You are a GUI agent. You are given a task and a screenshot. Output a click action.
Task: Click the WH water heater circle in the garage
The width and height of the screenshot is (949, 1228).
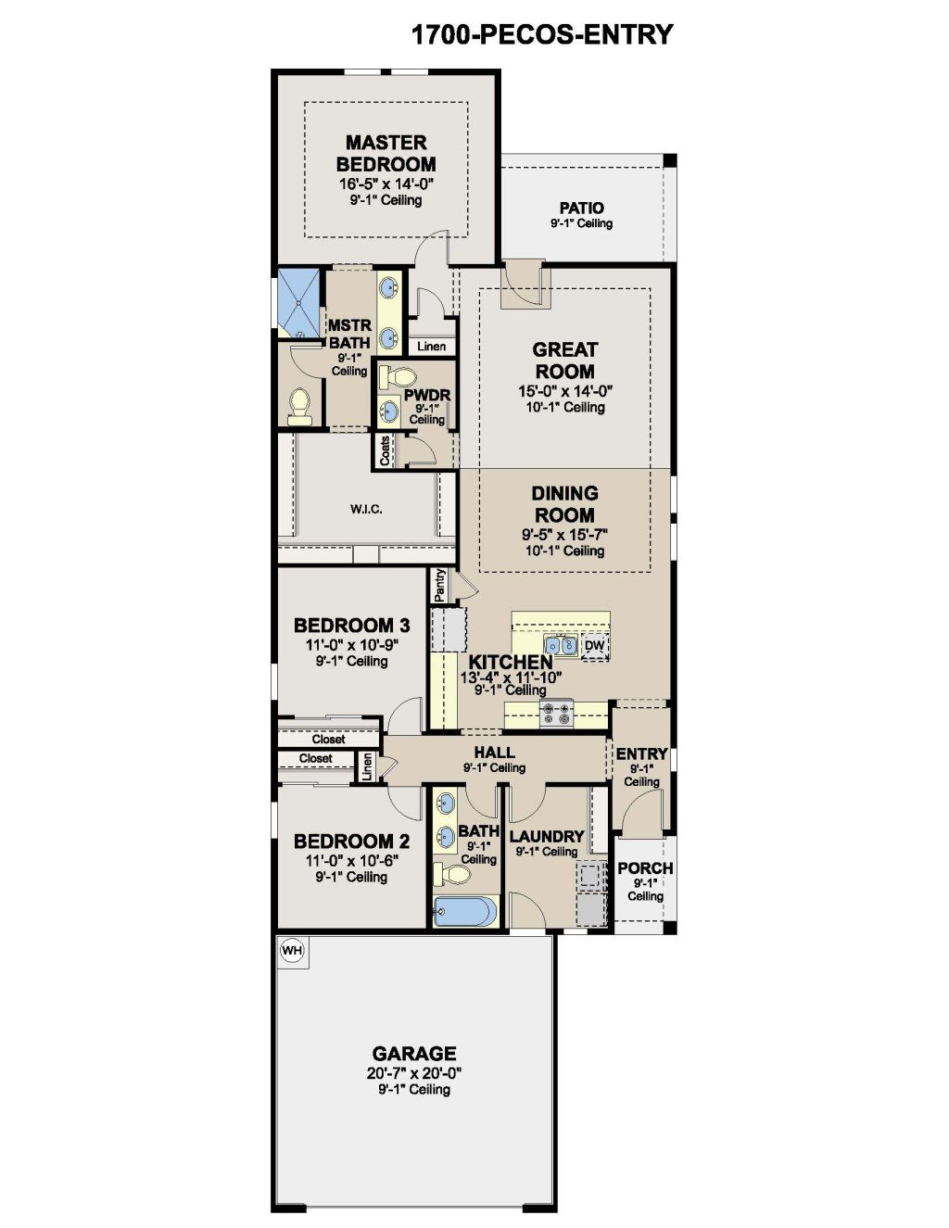point(292,950)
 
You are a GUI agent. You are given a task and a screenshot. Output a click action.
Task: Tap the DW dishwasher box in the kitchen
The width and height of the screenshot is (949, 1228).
point(595,645)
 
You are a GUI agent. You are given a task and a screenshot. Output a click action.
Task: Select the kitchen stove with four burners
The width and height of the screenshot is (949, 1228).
point(556,714)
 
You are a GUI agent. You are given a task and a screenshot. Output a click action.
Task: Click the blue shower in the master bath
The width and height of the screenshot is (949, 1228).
point(298,303)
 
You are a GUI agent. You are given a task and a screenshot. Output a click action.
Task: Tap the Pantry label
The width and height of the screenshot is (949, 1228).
point(439,585)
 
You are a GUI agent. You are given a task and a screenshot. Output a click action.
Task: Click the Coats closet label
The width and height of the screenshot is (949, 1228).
point(385,450)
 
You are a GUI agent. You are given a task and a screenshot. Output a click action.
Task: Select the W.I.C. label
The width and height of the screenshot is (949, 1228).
point(366,509)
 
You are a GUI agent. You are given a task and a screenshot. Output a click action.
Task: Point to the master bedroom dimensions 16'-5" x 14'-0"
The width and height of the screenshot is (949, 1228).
point(386,184)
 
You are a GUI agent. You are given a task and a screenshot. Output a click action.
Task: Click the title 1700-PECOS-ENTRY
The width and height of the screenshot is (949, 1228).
point(542,34)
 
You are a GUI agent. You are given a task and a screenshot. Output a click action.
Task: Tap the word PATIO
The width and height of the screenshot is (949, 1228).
point(581,208)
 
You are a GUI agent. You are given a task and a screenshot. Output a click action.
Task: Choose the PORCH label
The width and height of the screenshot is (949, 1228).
point(645,868)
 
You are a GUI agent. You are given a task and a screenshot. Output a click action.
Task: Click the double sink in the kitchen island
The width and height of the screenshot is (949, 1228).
point(561,645)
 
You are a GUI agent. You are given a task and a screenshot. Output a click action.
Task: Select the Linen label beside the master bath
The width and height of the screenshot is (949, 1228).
point(432,347)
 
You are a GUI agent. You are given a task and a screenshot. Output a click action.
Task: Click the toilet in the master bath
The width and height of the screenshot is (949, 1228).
point(299,408)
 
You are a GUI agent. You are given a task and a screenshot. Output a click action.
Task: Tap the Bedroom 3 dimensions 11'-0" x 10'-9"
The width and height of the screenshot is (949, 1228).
point(351,645)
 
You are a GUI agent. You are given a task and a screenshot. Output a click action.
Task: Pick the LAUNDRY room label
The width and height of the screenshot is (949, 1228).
point(546,836)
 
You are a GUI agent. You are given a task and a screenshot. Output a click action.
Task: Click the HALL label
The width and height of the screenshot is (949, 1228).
point(494,753)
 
